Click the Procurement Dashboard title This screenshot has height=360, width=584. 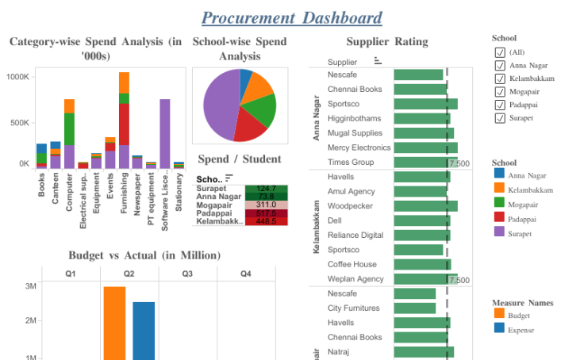291,17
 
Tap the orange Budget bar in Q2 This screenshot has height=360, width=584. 114,322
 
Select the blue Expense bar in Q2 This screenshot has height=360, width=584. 144,330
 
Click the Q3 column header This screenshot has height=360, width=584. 187,274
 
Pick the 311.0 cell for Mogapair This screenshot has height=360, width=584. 266,205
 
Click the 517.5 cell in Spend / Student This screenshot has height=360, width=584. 266,213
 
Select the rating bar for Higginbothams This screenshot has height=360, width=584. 421,119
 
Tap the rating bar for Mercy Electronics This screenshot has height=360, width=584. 425,147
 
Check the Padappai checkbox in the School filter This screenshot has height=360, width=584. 500,105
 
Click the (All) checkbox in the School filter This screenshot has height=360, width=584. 500,52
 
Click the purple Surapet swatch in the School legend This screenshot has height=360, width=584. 499,232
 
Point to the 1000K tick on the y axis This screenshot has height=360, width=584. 17,77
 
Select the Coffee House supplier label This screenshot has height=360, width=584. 352,264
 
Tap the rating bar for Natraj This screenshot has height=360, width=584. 423,351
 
